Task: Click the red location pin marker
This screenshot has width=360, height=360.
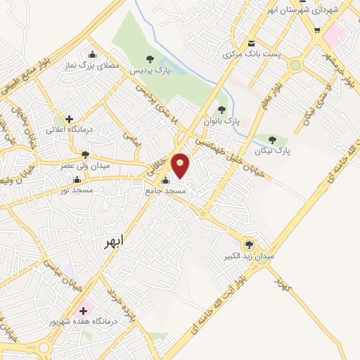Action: (181, 165)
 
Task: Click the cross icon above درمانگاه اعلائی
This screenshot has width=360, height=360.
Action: (69, 119)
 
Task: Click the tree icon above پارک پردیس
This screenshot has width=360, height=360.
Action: (148, 59)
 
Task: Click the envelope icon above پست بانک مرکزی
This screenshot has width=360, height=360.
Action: (251, 44)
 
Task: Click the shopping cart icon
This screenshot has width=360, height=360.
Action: (317, 30)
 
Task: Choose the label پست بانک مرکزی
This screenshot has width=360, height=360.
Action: (247, 54)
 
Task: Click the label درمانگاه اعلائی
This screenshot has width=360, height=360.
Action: (64, 129)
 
